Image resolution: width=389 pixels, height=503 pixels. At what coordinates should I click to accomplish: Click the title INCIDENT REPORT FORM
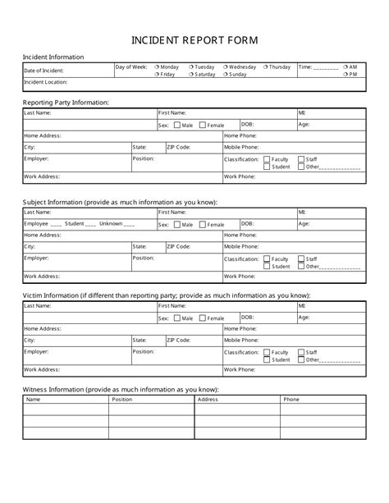pos(194,39)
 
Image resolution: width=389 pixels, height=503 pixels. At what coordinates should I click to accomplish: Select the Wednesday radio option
pos(225,66)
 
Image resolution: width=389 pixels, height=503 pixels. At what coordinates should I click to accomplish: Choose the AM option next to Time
pos(346,66)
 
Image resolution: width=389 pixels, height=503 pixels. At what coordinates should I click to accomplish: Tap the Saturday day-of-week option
pos(191,74)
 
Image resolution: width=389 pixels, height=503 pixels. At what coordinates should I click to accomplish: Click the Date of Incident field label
pos(44,71)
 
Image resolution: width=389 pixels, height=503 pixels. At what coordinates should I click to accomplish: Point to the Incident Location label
pos(46,82)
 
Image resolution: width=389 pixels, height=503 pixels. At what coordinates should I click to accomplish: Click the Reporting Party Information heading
pos(66,102)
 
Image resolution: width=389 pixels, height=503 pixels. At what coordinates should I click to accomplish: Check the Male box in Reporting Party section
pos(176,126)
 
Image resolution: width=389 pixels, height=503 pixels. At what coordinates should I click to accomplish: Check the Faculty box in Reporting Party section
pos(267,159)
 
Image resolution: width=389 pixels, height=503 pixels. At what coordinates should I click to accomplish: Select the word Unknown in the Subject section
pos(111,223)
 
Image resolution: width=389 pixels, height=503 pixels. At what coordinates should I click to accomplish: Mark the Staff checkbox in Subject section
pos(301,258)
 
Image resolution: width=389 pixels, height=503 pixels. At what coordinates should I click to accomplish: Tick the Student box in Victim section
pos(267,359)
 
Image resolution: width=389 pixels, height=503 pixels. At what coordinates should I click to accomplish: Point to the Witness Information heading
pos(120,389)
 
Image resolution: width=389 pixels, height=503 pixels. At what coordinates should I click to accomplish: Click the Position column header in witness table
pos(122,400)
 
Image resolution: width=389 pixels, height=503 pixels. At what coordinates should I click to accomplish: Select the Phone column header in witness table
pos(291,400)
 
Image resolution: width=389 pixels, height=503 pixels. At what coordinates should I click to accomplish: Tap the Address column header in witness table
pos(208,400)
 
